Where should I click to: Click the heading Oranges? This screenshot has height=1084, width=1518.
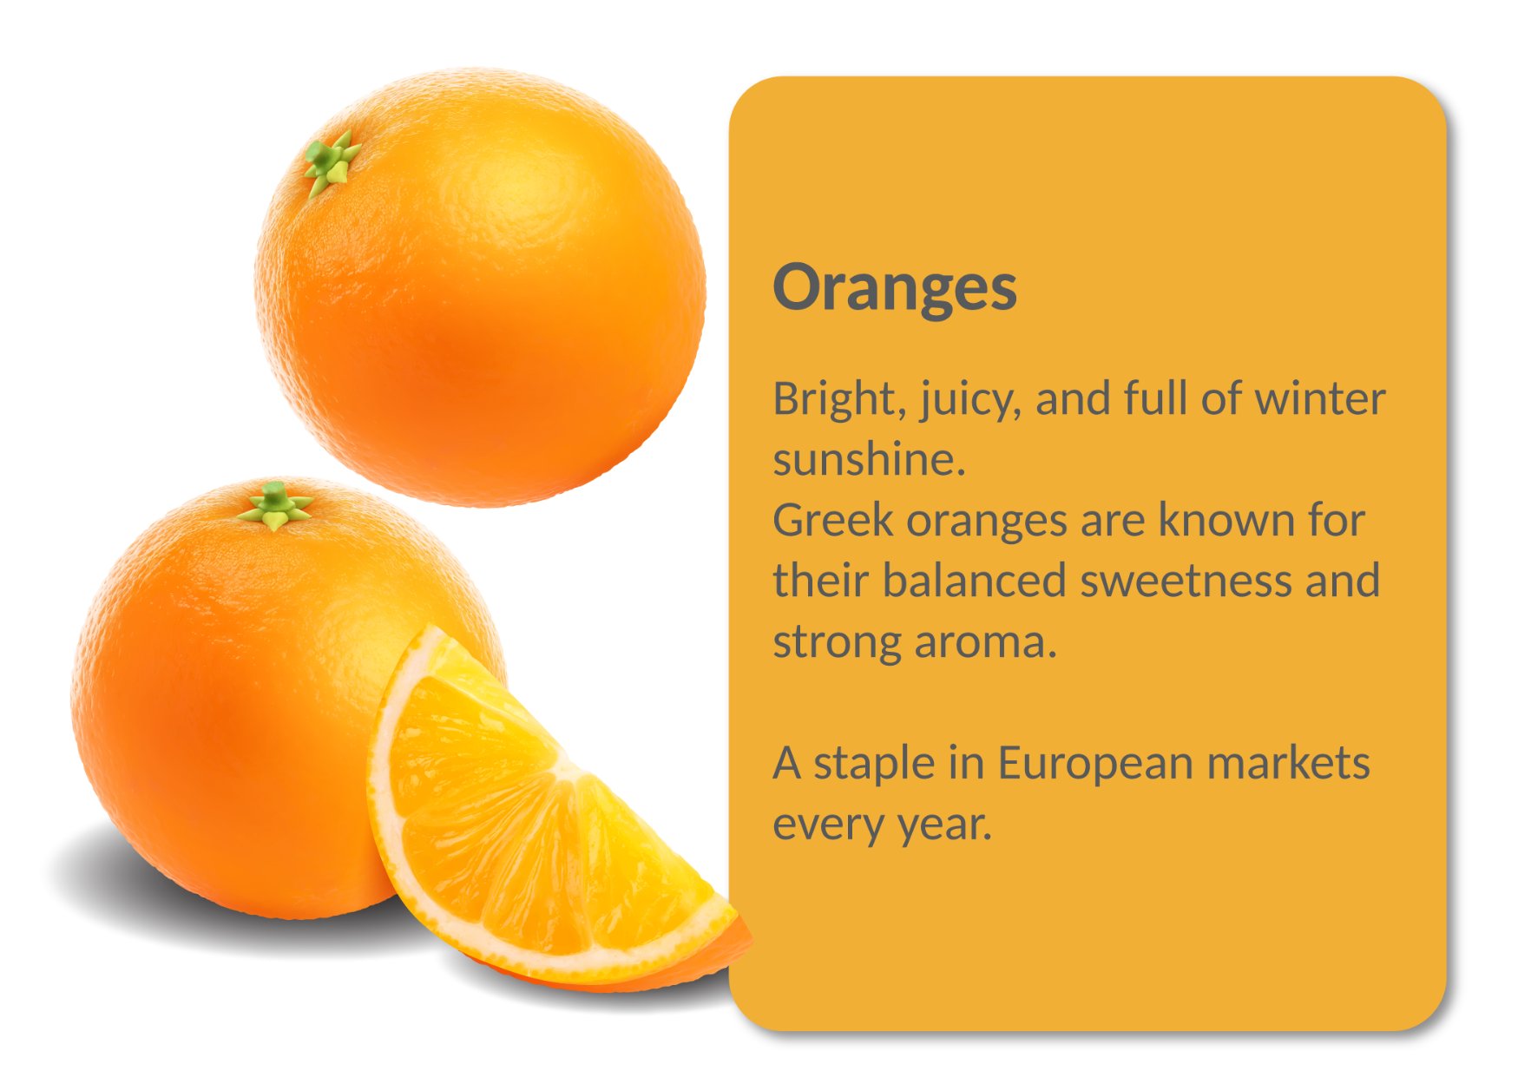[x=895, y=288]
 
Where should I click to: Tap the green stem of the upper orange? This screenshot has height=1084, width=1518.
[x=331, y=163]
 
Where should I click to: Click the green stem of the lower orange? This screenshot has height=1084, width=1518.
[x=275, y=505]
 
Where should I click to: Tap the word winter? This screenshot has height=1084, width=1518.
[x=1320, y=399]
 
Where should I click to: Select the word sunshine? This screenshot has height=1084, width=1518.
[x=869, y=460]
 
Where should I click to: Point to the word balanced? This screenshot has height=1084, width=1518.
[x=974, y=581]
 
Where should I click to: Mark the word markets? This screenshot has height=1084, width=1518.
[x=1289, y=764]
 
